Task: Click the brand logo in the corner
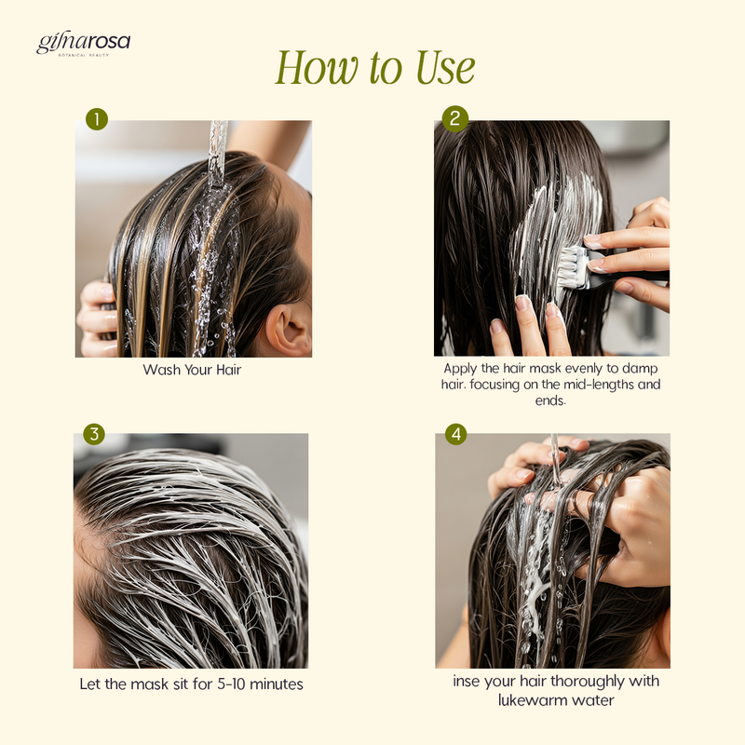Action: click(x=83, y=45)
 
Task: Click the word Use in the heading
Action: click(x=445, y=67)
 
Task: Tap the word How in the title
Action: click(x=317, y=67)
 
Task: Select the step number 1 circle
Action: click(x=97, y=119)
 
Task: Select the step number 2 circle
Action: click(x=455, y=118)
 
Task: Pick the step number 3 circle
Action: click(x=94, y=434)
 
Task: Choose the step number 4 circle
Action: click(x=456, y=434)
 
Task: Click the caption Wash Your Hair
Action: click(x=192, y=370)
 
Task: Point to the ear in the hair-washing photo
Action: click(x=288, y=331)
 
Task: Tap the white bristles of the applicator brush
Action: click(x=573, y=268)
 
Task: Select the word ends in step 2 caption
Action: click(x=550, y=400)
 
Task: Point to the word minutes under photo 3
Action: click(x=277, y=684)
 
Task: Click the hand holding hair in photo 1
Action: click(x=97, y=318)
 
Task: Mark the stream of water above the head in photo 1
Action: click(x=218, y=153)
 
